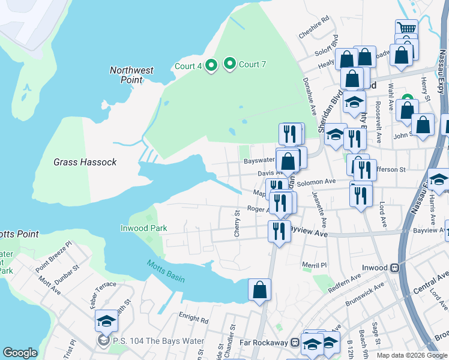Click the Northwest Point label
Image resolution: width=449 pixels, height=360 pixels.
pos(131,74)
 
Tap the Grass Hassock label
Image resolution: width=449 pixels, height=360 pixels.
pos(85,162)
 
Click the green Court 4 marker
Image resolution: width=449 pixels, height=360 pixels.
pos(211,65)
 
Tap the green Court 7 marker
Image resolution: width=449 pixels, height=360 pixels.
pos(229,64)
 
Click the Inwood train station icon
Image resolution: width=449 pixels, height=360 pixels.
pos(395,268)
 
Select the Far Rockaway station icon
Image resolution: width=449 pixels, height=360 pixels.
pos(295,343)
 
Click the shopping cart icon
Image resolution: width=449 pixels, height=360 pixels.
pos(406,29)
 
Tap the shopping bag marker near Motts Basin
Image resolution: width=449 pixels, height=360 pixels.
pos(259,290)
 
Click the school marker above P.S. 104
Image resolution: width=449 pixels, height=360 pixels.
pos(106,322)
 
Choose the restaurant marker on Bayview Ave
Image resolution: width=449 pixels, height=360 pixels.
pos(279,231)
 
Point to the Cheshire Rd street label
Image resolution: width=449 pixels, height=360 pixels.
pos(315,27)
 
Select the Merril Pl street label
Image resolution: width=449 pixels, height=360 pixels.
pos(314,265)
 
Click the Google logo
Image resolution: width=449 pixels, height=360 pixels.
pos(20,353)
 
